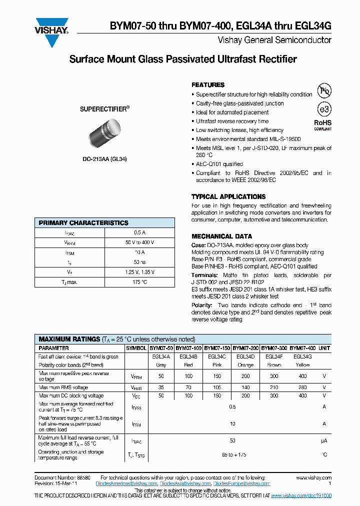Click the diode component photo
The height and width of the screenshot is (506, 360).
pyautogui.click(x=105, y=135)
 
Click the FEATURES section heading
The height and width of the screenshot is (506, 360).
pyautogui.click(x=208, y=85)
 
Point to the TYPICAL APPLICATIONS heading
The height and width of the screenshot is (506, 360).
pyautogui.click(x=228, y=196)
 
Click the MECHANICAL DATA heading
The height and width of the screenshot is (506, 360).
pyautogui.click(x=221, y=236)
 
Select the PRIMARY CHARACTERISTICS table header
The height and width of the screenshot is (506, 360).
pyautogui.click(x=83, y=223)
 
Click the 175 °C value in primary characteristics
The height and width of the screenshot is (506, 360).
pyautogui.click(x=140, y=282)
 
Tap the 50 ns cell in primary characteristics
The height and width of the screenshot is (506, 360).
pyautogui.click(x=140, y=262)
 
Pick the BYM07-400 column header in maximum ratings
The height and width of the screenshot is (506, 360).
pyautogui.click(x=302, y=348)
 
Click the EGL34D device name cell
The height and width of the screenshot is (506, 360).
pyautogui.click(x=245, y=356)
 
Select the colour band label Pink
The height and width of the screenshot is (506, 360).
pyautogui.click(x=217, y=365)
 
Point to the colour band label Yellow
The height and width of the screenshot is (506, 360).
pyautogui.click(x=302, y=365)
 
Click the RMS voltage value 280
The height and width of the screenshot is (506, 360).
pyautogui.click(x=302, y=387)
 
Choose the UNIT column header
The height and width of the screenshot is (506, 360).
pyautogui.click(x=324, y=348)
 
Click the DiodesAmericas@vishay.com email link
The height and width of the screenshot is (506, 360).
pyautogui.click(x=128, y=484)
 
